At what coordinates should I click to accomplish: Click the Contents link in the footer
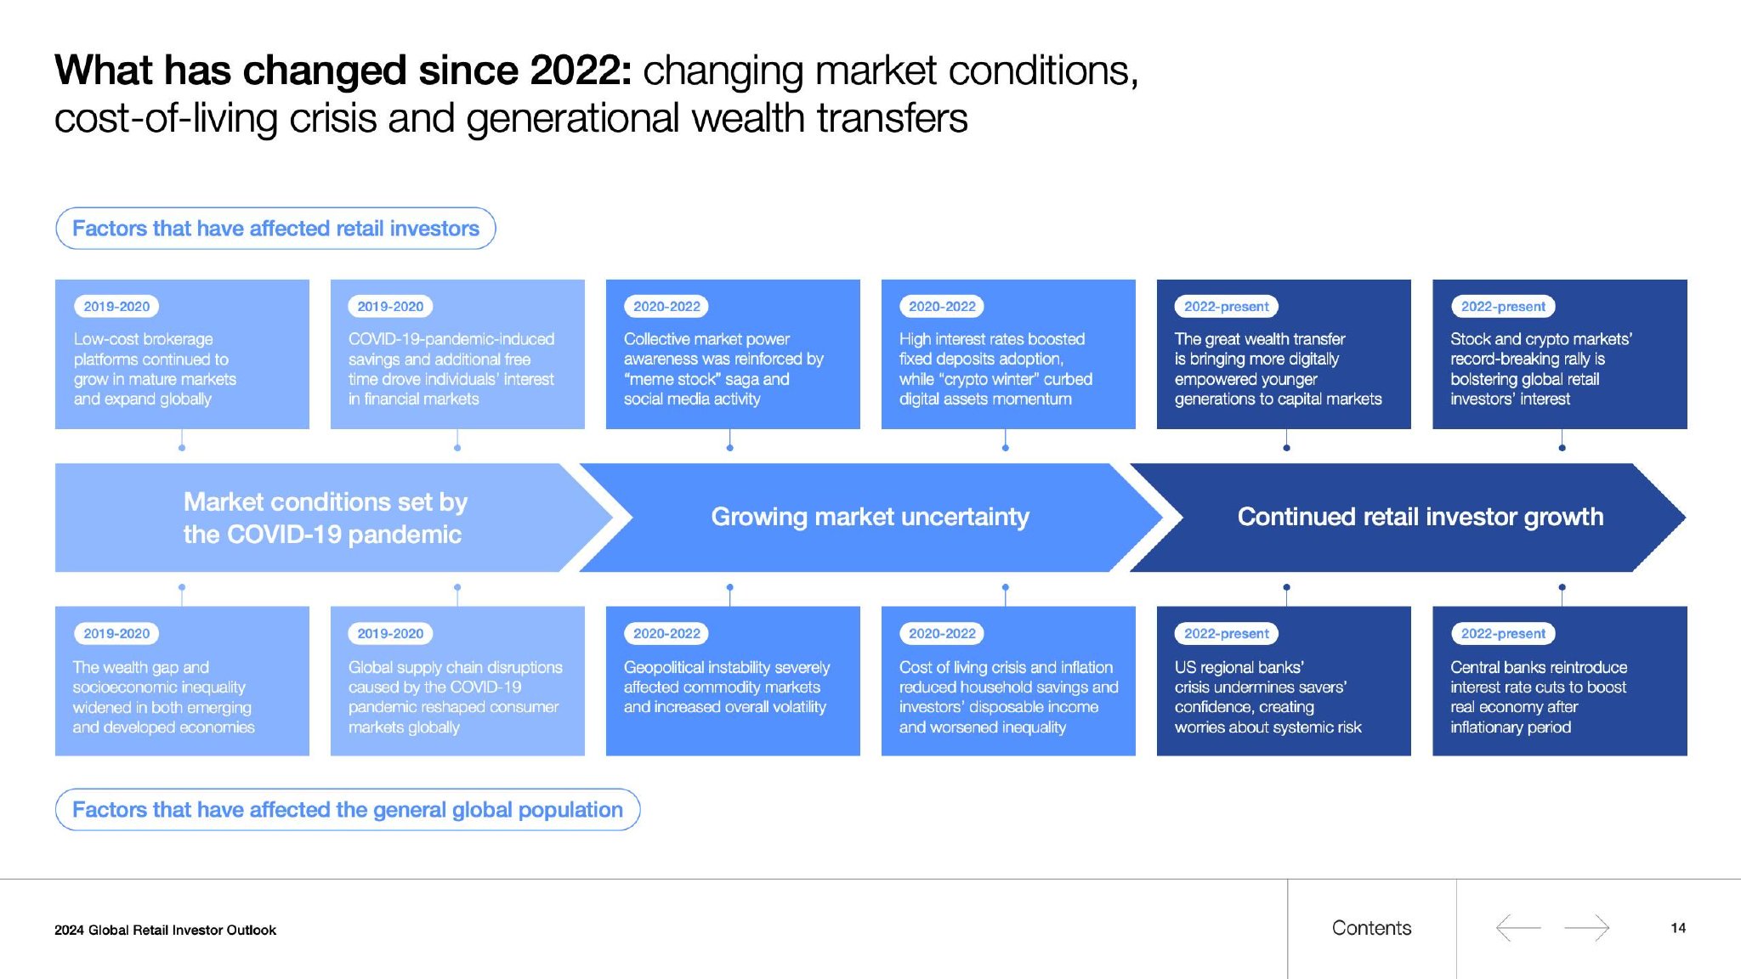[x=1371, y=928]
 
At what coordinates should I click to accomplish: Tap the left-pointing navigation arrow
[x=1518, y=927]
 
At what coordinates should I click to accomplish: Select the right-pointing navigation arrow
[x=1586, y=927]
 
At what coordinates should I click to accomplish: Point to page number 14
[x=1678, y=928]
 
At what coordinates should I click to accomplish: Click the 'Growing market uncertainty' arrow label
[x=870, y=517]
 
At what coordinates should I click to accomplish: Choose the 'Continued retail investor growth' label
[x=1420, y=517]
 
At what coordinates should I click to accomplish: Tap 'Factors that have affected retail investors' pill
[x=275, y=229]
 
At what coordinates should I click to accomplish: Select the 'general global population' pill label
[x=348, y=810]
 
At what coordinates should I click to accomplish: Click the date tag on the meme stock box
[x=666, y=307]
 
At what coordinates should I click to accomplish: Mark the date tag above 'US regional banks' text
[x=1226, y=634]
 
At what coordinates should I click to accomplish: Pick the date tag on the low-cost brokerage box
[x=116, y=307]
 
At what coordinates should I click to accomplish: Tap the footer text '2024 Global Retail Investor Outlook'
[x=165, y=930]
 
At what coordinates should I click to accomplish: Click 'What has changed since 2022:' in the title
[x=343, y=71]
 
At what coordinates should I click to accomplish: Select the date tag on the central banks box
[x=1503, y=634]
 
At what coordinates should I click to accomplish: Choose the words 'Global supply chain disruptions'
[x=455, y=668]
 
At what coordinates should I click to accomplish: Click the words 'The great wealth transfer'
[x=1260, y=339]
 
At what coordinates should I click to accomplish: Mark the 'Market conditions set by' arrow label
[x=326, y=502]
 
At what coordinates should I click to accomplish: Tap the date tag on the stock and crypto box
[x=1503, y=307]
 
